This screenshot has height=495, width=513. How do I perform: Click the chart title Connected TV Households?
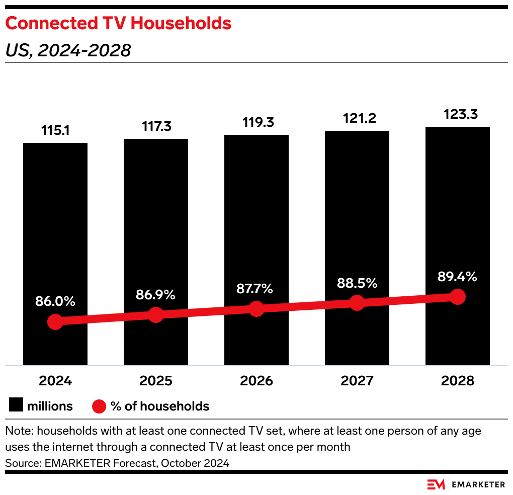(x=118, y=23)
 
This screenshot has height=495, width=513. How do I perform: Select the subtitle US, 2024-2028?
(x=68, y=50)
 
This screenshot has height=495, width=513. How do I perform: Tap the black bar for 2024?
(x=55, y=226)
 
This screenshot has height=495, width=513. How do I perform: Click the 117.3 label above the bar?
(x=156, y=127)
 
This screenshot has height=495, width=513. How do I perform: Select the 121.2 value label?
(x=357, y=119)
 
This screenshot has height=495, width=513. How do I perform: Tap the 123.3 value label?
(x=458, y=114)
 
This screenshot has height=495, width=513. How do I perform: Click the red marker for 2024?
(x=55, y=322)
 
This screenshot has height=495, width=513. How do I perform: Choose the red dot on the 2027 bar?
(x=357, y=303)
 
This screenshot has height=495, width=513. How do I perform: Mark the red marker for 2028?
(x=458, y=297)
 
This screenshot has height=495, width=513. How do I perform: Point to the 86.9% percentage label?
(x=156, y=295)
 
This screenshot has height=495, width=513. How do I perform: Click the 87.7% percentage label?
(x=256, y=289)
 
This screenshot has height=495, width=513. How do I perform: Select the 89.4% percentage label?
(x=458, y=277)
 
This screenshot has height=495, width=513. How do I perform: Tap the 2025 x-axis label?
(x=156, y=381)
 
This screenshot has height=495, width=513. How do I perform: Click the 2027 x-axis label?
(x=357, y=381)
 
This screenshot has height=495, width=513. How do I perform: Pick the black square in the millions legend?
(x=16, y=406)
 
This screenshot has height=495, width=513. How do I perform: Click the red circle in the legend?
(x=100, y=406)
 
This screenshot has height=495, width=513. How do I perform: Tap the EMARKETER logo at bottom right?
(x=466, y=484)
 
